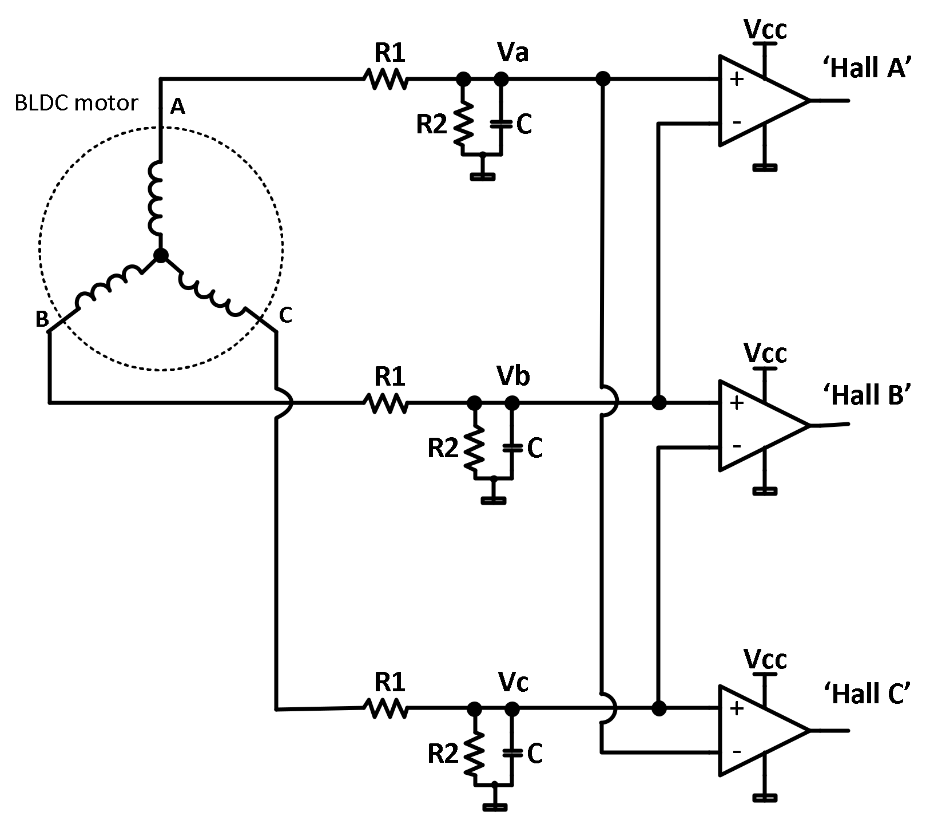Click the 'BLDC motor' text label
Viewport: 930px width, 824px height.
76,103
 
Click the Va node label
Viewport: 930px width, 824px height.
513,53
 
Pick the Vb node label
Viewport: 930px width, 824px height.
513,376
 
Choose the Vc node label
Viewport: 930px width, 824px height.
513,682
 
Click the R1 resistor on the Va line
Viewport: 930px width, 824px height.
386,79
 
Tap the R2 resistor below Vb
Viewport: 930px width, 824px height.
474,448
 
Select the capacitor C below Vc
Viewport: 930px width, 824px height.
512,754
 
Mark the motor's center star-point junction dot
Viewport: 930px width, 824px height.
161,256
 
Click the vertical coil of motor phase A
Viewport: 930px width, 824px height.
156,197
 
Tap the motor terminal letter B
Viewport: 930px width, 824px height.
42,319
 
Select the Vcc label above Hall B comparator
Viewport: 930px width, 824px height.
765,353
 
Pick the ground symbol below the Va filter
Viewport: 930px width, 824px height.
483,176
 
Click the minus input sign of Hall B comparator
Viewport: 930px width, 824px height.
737,445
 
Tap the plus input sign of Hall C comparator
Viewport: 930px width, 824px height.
737,708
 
